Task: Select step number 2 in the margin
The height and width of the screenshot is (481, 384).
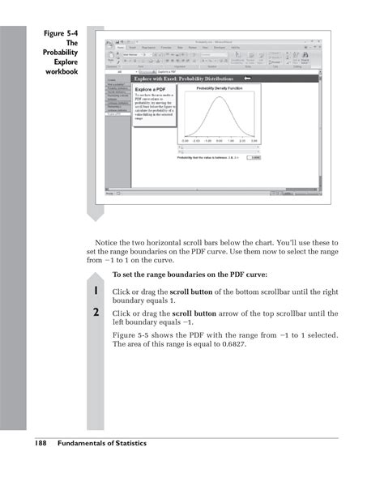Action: click(96, 313)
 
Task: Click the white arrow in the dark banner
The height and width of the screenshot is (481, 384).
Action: click(248, 78)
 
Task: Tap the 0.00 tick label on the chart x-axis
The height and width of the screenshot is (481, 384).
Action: click(219, 140)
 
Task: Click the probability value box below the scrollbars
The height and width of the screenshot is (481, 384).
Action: click(253, 157)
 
